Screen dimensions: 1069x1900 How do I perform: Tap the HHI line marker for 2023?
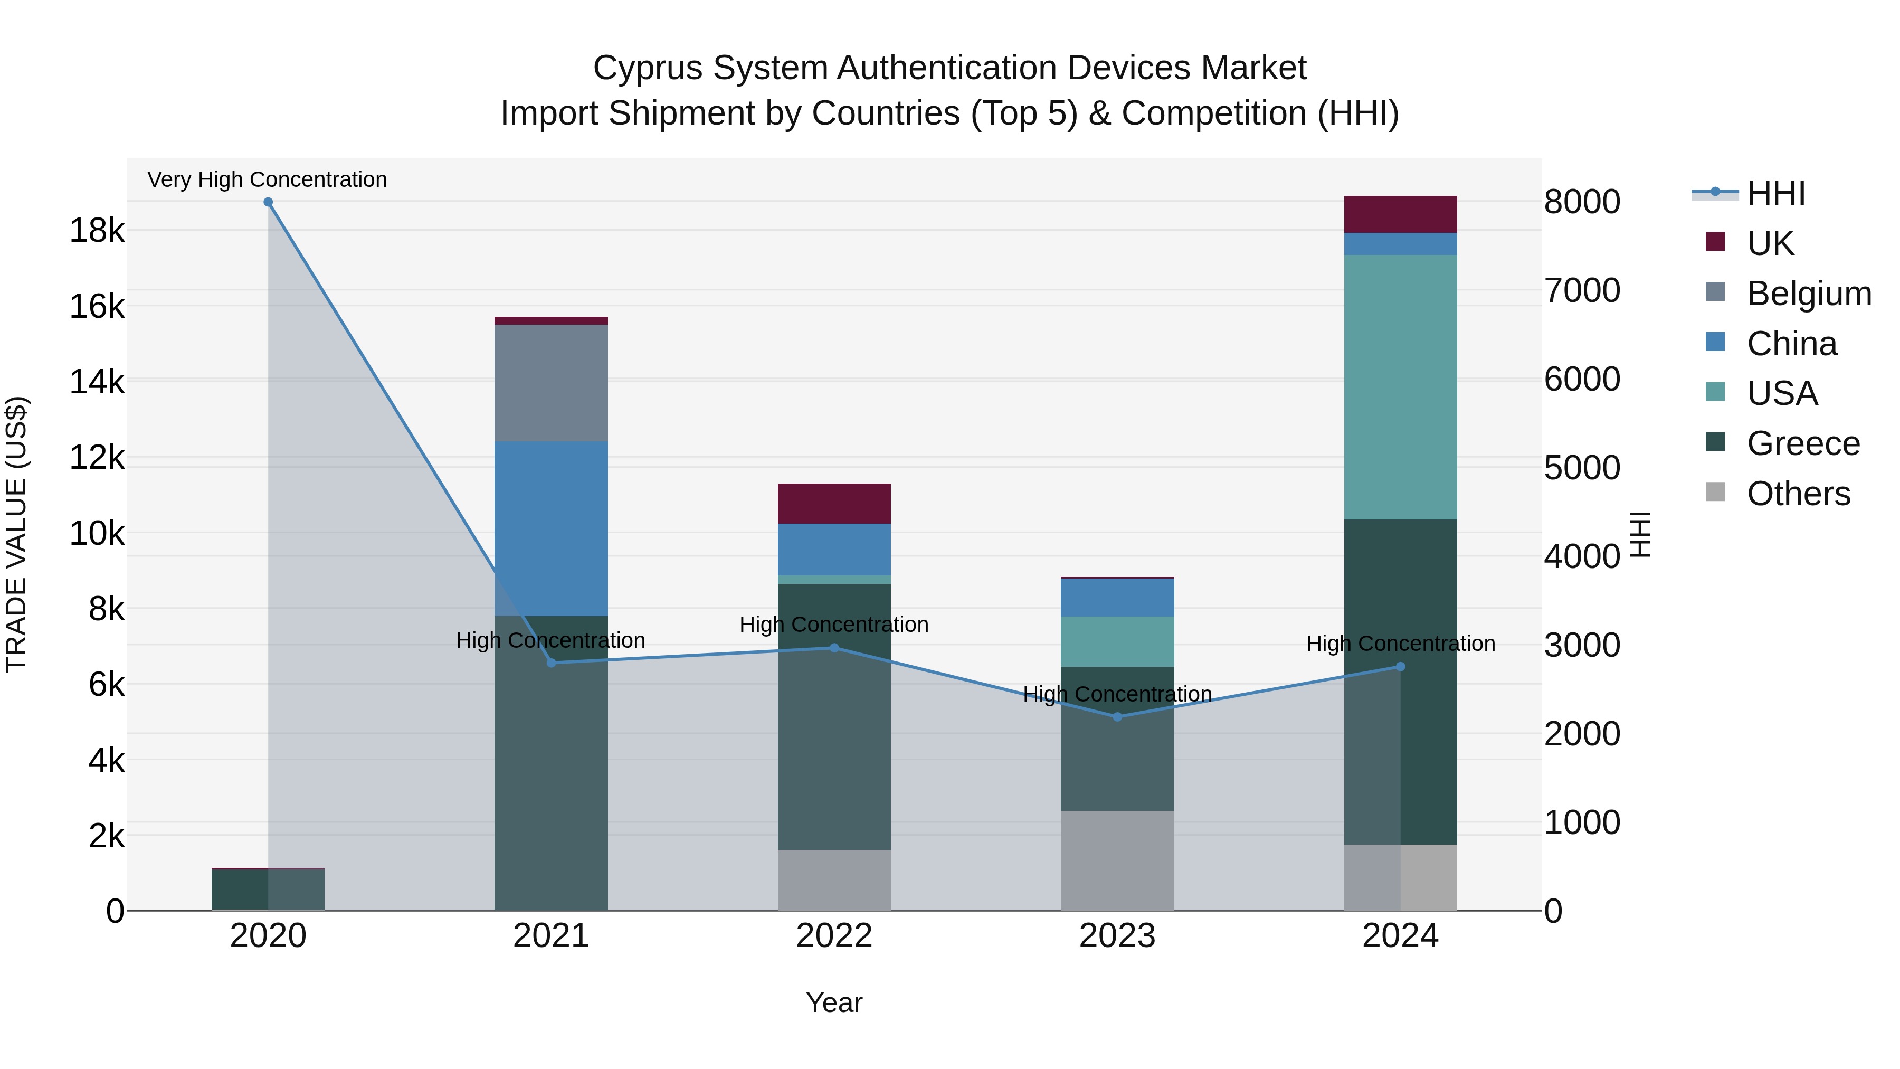coord(1117,716)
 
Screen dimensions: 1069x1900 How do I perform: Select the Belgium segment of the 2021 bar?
coord(551,383)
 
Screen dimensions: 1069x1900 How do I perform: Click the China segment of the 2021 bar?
coord(551,528)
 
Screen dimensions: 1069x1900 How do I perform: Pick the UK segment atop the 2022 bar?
coord(834,504)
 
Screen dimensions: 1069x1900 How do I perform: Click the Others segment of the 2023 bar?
coord(1117,860)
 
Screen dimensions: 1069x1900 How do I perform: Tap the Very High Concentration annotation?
coord(267,179)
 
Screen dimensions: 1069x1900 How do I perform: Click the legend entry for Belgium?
coord(1809,294)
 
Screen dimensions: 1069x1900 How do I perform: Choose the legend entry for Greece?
coord(1803,443)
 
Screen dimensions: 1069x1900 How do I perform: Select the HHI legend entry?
coord(1775,193)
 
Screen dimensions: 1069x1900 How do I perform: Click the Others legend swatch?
coord(1716,492)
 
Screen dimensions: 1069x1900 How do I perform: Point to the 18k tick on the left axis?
coord(97,231)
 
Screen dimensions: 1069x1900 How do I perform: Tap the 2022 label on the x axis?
coord(834,936)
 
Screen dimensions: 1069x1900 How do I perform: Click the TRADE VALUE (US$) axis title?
coord(16,534)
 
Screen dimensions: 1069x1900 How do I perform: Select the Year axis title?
coord(834,1002)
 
